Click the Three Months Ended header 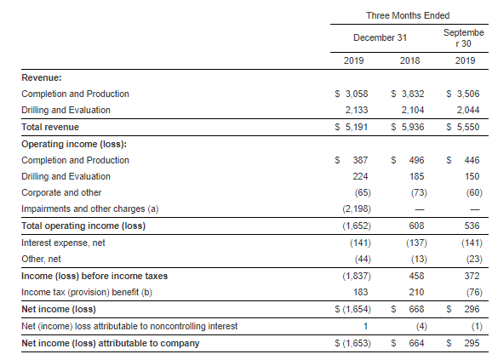[x=408, y=15]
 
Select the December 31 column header [x=380, y=37]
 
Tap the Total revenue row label [x=50, y=127]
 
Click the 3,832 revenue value [x=413, y=94]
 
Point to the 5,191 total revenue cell [x=357, y=127]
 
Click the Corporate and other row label [x=61, y=192]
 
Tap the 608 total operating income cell [x=416, y=226]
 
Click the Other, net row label [x=41, y=259]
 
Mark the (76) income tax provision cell [x=474, y=292]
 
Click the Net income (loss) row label [x=59, y=309]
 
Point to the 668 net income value [x=416, y=309]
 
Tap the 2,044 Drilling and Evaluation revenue [x=468, y=110]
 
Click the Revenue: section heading [x=42, y=77]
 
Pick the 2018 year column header [x=409, y=60]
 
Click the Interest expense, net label [x=63, y=243]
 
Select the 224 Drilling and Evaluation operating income [x=360, y=176]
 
